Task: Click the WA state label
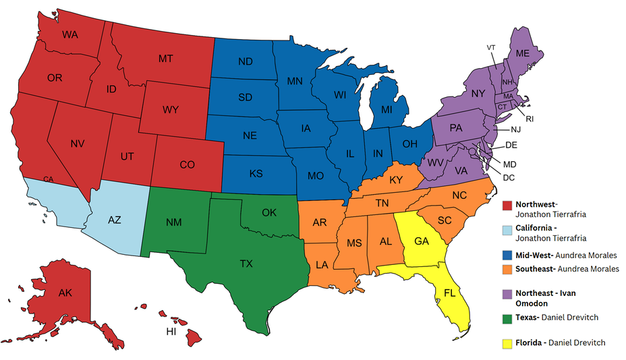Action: pyautogui.click(x=70, y=34)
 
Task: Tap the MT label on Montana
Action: pyautogui.click(x=167, y=59)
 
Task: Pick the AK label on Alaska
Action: pyautogui.click(x=65, y=293)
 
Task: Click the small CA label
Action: pyautogui.click(x=48, y=179)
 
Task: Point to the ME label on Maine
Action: pyautogui.click(x=523, y=53)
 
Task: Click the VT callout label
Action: pyautogui.click(x=491, y=47)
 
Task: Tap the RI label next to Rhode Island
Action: pyautogui.click(x=530, y=119)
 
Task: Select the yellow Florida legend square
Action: pyautogui.click(x=507, y=343)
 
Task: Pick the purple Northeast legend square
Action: pyautogui.click(x=507, y=294)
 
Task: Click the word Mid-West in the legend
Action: pyautogui.click(x=532, y=256)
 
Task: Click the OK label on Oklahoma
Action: pyautogui.click(x=269, y=212)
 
